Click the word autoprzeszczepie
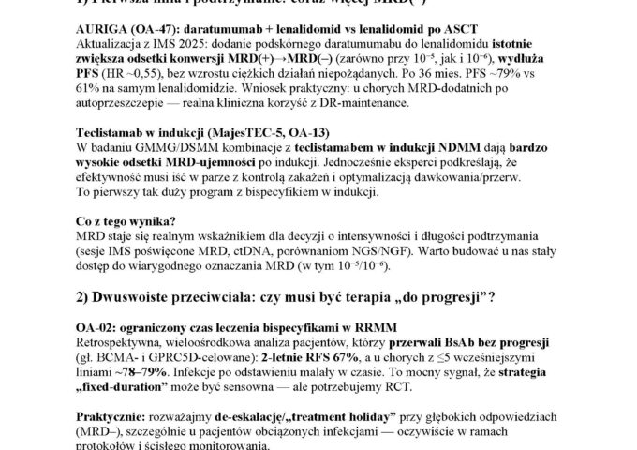(x=117, y=123)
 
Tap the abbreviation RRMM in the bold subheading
(x=371, y=352)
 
